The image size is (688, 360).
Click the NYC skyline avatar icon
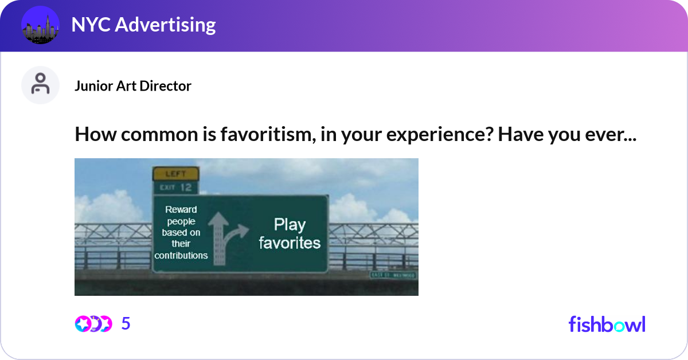pos(41,25)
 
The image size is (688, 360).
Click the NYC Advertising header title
pos(143,25)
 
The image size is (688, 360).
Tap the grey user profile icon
pos(40,85)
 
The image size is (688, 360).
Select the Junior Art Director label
pos(133,86)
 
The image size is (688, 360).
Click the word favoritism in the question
pos(256,136)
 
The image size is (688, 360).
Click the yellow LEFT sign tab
pos(175,174)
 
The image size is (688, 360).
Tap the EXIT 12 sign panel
pos(175,187)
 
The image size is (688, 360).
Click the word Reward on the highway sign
pos(181,210)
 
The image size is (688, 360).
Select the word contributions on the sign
pos(181,256)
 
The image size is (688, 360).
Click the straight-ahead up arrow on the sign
pos(218,238)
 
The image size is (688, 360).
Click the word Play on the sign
pos(290,225)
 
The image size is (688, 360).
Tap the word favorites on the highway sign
pos(290,243)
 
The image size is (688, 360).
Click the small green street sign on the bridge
pos(394,276)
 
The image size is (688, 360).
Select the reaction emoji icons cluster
pos(93,324)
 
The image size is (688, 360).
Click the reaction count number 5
pos(126,324)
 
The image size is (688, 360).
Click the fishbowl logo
pos(607,324)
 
